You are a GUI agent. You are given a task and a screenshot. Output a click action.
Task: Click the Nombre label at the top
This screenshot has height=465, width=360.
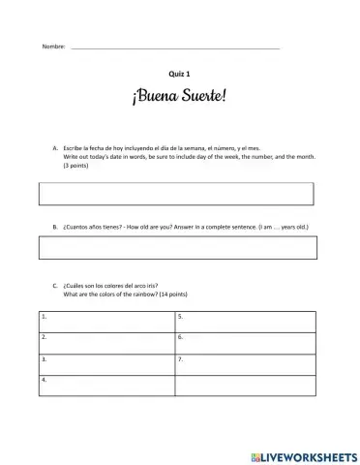(52, 47)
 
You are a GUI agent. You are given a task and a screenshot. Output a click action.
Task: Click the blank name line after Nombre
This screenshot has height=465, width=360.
(174, 46)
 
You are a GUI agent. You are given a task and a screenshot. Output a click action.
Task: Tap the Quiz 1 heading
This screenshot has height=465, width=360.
(180, 75)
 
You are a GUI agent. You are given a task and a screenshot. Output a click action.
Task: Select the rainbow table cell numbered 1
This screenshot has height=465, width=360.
(106, 321)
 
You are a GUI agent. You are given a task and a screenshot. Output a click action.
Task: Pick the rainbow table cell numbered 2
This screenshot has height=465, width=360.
(106, 342)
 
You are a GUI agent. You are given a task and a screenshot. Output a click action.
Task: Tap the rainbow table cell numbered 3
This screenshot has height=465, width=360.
(106, 363)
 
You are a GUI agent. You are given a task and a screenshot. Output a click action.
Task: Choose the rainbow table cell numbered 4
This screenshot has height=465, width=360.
(106, 385)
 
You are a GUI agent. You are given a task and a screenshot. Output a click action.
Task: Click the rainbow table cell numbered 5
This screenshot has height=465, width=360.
(245, 321)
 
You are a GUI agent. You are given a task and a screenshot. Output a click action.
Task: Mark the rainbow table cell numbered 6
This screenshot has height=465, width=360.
(245, 342)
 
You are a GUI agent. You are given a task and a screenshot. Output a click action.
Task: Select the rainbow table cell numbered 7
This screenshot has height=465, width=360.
(245, 363)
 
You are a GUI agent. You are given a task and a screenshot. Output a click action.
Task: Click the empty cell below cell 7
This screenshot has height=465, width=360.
(245, 385)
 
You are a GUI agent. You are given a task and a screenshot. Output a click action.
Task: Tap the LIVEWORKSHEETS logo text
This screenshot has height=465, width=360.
(309, 455)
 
